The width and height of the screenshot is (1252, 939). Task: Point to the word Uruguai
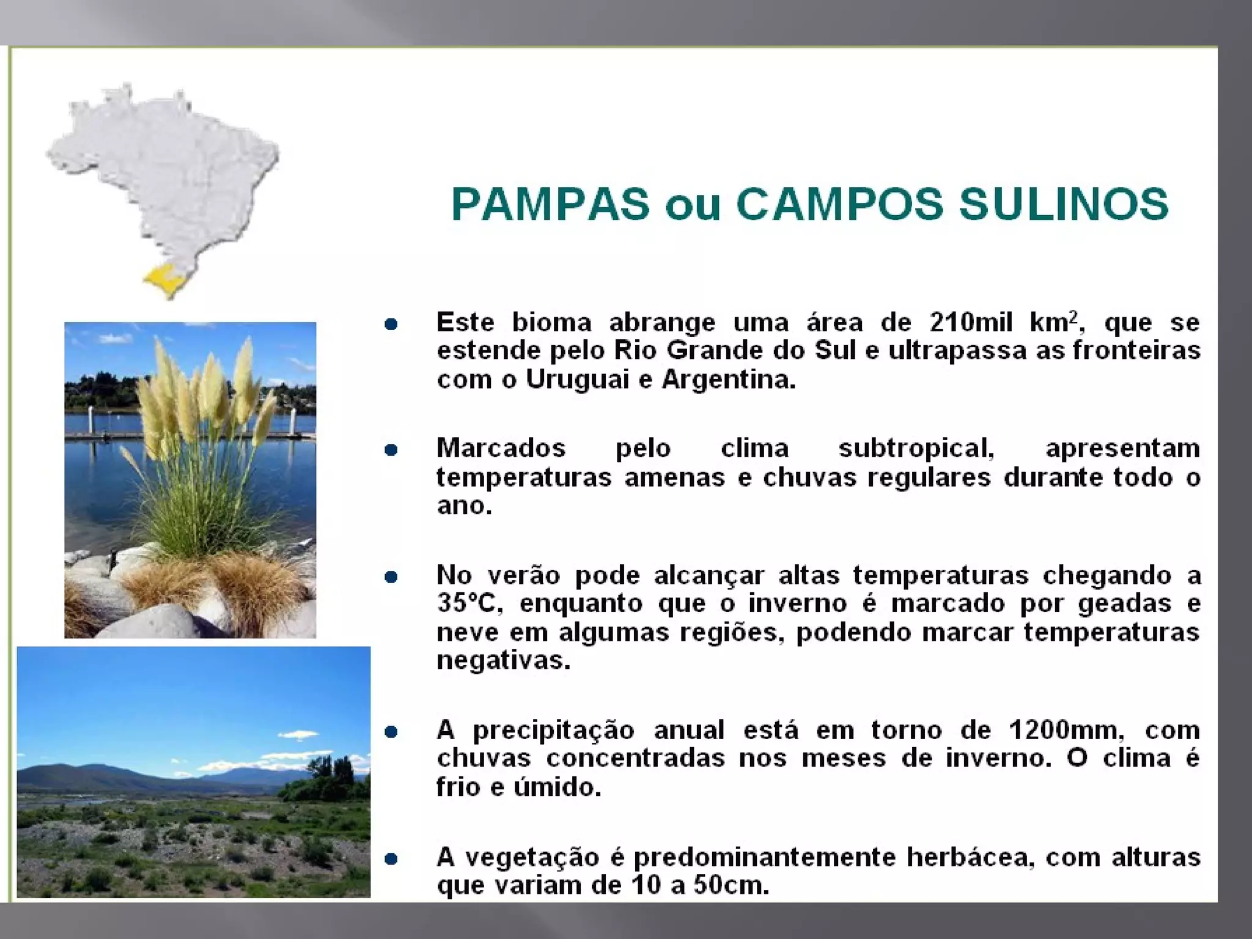pos(577,380)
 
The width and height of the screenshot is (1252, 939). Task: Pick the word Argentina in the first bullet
pos(728,380)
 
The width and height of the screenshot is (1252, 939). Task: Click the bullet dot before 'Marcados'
pos(391,450)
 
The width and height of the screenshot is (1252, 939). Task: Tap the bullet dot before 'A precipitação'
pos(391,732)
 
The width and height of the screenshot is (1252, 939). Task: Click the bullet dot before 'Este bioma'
pos(391,324)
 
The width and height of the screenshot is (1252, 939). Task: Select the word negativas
pos(503,660)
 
